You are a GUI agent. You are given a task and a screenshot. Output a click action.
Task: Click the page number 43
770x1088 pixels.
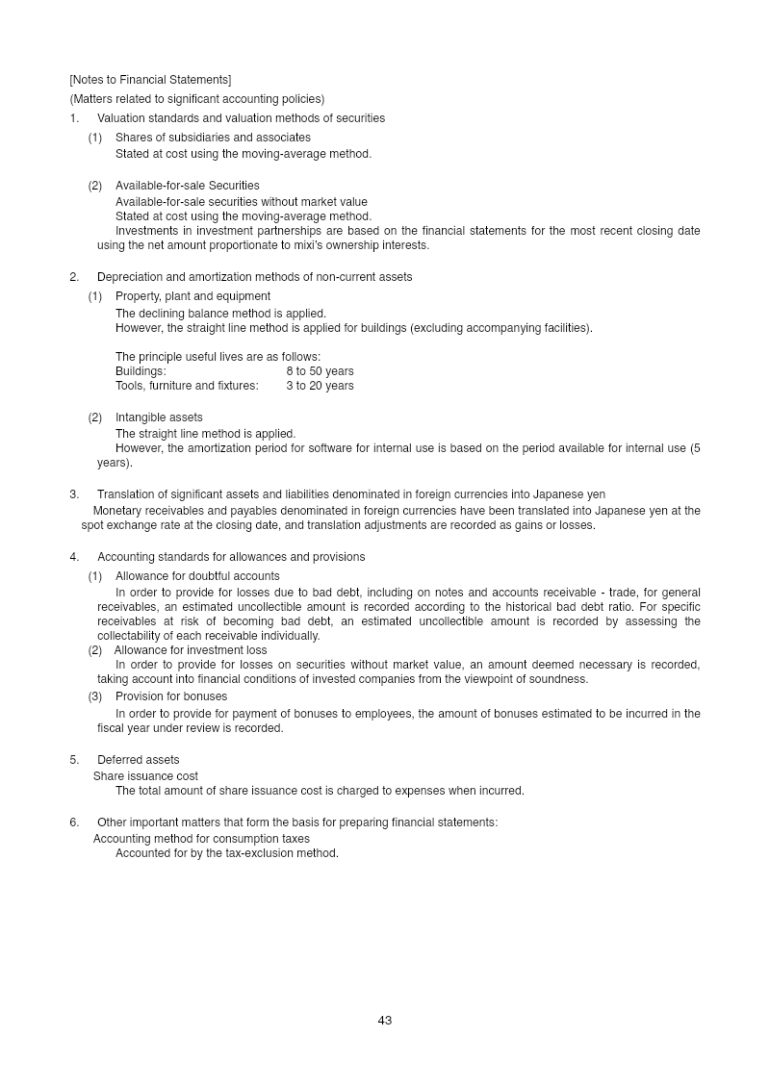click(x=385, y=1020)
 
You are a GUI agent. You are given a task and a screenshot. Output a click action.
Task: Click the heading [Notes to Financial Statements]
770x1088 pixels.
click(x=150, y=80)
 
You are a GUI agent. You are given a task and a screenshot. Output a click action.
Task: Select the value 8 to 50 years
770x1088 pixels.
click(x=320, y=371)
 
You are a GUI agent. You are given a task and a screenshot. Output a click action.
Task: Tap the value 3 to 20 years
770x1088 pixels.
click(x=320, y=386)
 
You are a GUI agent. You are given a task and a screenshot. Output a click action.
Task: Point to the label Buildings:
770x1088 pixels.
click(x=141, y=371)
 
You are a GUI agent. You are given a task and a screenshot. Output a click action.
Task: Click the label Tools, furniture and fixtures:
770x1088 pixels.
click(x=187, y=386)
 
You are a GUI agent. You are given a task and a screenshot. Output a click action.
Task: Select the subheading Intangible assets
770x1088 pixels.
click(x=159, y=417)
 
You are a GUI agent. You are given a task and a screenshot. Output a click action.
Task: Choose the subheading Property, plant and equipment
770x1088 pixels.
click(x=192, y=296)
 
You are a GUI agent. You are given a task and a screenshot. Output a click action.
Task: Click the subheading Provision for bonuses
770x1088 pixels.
click(x=171, y=696)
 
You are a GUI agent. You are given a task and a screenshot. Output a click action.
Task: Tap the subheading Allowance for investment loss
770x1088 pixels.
click(x=191, y=650)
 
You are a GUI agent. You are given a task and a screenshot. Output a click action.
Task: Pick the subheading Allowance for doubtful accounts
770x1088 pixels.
click(x=197, y=576)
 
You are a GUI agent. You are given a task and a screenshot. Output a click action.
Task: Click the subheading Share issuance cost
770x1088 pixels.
click(x=145, y=776)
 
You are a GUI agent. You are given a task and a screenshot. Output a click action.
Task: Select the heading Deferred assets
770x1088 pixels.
click(x=138, y=760)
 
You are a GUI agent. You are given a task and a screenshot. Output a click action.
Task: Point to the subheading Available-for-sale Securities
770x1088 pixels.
click(x=187, y=186)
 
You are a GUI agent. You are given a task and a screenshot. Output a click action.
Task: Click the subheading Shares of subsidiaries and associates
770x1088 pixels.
click(x=213, y=138)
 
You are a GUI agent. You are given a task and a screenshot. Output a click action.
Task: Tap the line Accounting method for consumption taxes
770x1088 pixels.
click(x=201, y=839)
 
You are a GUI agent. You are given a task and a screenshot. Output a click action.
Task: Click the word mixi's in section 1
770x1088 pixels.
click(x=299, y=245)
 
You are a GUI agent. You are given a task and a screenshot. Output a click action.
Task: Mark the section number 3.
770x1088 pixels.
click(x=74, y=494)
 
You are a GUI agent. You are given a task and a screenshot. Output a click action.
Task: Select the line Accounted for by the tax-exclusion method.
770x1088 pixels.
click(x=227, y=853)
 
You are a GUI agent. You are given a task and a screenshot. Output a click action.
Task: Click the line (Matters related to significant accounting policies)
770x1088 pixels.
click(x=197, y=99)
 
